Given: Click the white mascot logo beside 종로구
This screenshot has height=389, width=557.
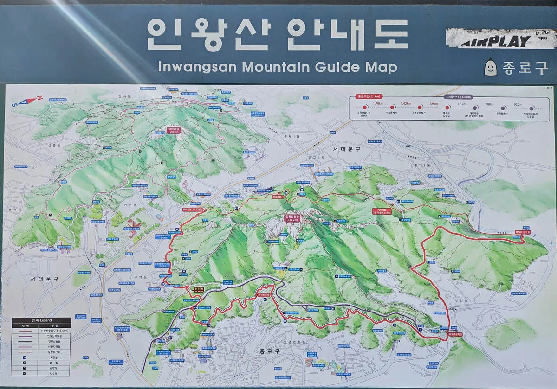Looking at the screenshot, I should (x=490, y=68).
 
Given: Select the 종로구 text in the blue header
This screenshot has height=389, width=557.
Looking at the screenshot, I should (x=525, y=68).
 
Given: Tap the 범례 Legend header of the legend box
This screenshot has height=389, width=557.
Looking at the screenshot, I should (x=42, y=320).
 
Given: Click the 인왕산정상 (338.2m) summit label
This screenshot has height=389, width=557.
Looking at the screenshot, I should (x=293, y=218).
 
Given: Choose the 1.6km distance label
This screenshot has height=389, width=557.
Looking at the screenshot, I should (x=461, y=104).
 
